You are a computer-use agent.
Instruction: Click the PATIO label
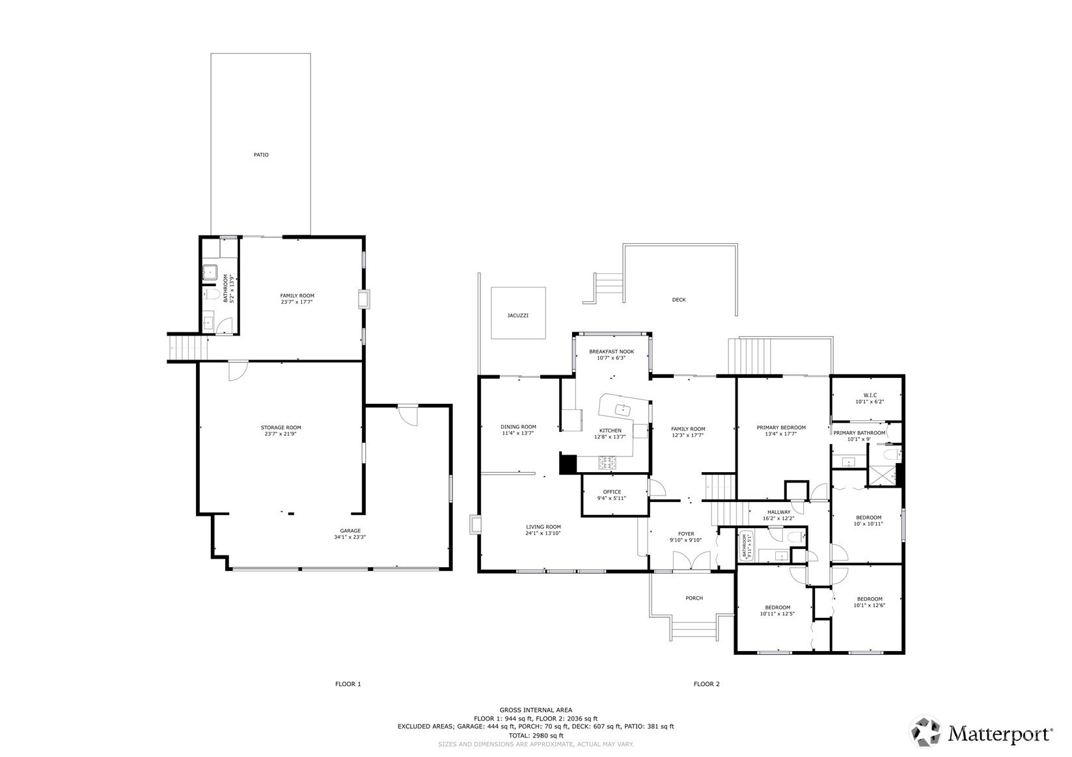point(261,155)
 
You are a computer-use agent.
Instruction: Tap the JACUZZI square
point(518,313)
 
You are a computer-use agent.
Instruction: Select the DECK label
point(679,300)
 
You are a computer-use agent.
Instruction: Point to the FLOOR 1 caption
point(348,684)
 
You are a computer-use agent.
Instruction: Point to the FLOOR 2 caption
point(706,684)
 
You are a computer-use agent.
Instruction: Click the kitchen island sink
point(623,409)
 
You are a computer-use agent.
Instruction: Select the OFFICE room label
point(612,492)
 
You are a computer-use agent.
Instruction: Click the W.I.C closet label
point(870,395)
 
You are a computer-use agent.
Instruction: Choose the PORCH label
point(694,598)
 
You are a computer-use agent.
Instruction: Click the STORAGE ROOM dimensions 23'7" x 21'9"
point(281,434)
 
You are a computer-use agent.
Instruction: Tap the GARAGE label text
point(350,531)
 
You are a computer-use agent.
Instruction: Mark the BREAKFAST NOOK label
point(612,351)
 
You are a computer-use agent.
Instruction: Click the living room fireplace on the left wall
point(474,524)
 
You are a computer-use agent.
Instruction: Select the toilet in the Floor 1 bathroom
point(213,293)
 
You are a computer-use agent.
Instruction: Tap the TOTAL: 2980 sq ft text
point(536,736)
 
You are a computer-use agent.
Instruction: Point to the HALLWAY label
point(778,512)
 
